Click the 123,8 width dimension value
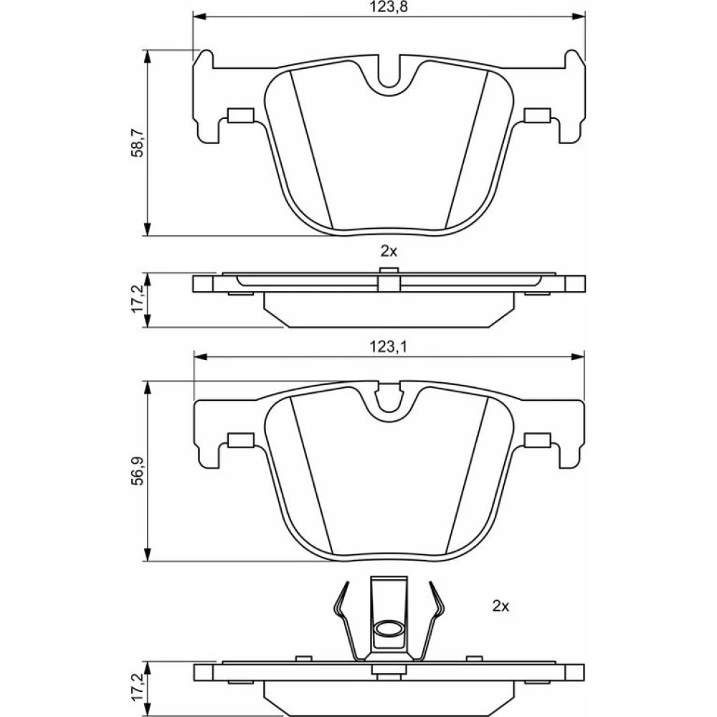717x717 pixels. point(388,7)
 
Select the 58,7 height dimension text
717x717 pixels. point(137,143)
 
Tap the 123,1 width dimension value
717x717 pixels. point(388,348)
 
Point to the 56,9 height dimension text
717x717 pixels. point(137,471)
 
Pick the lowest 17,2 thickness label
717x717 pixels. point(137,687)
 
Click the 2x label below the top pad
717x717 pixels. point(389,251)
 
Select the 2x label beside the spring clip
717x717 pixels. point(500,607)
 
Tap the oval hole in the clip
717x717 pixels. point(388,628)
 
